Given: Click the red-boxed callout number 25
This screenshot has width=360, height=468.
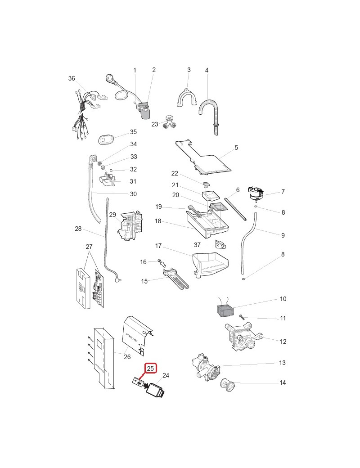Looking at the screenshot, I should (151, 368).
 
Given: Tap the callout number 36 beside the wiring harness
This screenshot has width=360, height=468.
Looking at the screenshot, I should (72, 78).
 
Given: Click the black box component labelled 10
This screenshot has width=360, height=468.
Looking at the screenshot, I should (227, 310).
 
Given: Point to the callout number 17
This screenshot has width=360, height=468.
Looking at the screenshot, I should (158, 246).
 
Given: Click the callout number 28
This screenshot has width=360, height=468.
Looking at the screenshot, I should (78, 229).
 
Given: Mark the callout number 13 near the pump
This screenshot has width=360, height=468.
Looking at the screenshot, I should (283, 363).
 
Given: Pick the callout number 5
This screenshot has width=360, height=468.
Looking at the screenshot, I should (236, 148).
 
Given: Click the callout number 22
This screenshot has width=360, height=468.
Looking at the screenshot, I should (175, 173).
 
